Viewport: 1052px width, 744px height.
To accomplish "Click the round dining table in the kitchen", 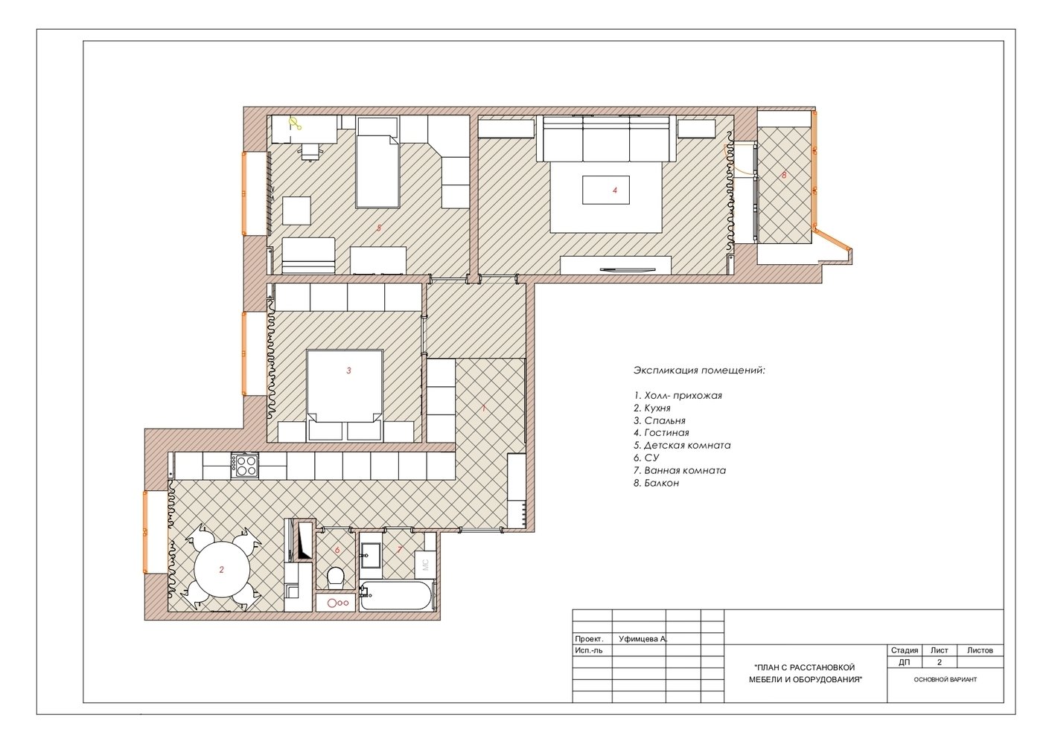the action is [x=222, y=569].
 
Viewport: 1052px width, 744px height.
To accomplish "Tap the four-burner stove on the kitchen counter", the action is [x=245, y=465].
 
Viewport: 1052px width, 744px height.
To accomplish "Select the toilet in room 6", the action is [x=336, y=577].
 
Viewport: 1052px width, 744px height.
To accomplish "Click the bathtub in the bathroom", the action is [x=396, y=596].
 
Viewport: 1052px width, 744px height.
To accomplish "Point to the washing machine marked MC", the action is [x=426, y=565].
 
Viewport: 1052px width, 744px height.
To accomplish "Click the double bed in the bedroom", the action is [x=345, y=395].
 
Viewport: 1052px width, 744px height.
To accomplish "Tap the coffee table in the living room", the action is [x=606, y=190].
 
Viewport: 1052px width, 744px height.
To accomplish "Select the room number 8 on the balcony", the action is [x=784, y=175].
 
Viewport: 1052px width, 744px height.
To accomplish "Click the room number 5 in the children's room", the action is [x=379, y=228].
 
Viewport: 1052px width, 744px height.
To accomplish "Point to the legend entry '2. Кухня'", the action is [x=652, y=408].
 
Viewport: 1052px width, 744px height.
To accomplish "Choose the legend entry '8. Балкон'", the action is [x=656, y=483].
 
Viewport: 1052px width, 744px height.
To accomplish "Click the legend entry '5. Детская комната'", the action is [x=682, y=445].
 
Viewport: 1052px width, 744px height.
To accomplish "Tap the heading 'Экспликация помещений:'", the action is [x=699, y=371].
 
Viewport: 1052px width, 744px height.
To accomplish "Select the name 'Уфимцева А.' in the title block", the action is [x=643, y=639].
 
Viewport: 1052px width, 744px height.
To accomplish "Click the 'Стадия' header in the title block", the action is [x=905, y=650].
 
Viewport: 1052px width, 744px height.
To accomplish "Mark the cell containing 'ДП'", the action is [x=905, y=662].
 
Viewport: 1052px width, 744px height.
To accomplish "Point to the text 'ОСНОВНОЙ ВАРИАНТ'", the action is [x=946, y=679].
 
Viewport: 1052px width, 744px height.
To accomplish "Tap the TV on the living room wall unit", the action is [x=628, y=269].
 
